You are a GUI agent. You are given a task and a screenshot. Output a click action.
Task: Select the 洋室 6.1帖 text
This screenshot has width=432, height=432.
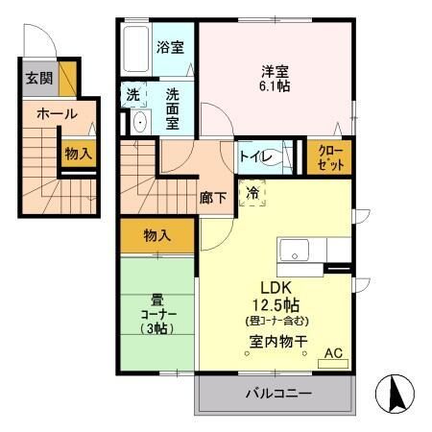pos(276,77)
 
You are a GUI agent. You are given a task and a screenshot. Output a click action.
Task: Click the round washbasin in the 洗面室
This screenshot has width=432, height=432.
pos(138,122)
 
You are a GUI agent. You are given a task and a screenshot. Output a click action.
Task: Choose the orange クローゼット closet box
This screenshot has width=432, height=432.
pos(328,156)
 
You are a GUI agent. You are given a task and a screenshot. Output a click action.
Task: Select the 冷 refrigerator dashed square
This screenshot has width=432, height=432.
pos(252,192)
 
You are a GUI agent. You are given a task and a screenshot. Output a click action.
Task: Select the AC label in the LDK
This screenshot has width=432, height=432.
pos(333,353)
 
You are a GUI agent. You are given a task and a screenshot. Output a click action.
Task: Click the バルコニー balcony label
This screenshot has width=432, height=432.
pos(276,394)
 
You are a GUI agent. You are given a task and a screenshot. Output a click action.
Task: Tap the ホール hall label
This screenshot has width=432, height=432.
pos(57,113)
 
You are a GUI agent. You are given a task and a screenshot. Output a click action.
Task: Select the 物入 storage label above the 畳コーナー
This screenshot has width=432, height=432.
pos(156,234)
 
